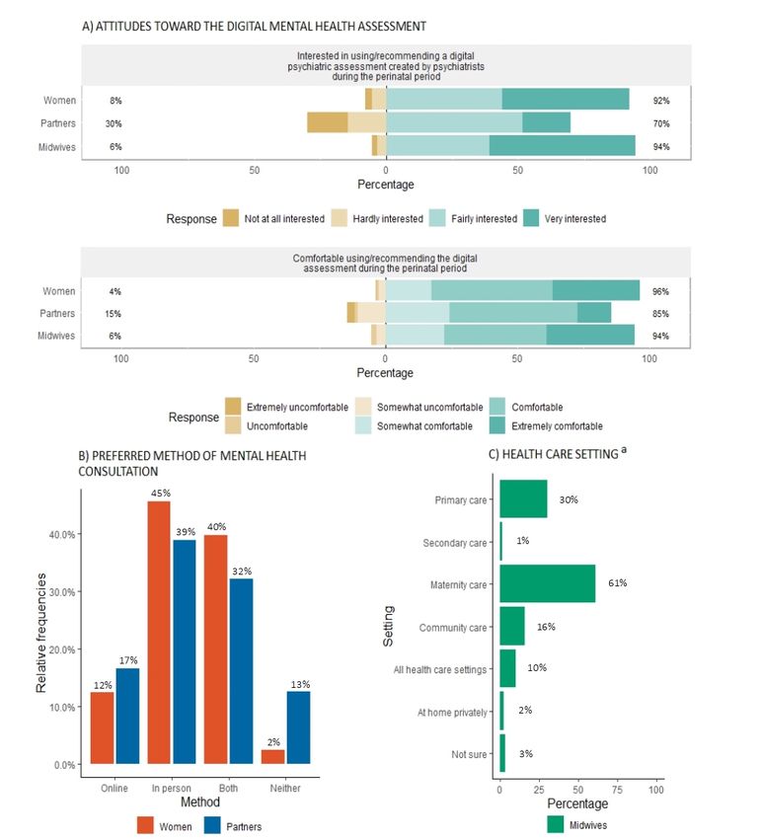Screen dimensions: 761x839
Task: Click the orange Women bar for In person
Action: point(159,633)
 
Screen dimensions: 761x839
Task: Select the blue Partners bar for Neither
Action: point(299,727)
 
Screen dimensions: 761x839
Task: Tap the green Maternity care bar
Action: point(548,583)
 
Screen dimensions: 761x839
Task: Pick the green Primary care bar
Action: point(523,498)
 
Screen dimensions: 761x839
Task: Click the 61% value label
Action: point(618,582)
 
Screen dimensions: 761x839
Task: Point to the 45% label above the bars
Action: point(161,493)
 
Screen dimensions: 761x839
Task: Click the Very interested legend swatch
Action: point(531,218)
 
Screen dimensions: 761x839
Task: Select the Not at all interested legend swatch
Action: point(231,218)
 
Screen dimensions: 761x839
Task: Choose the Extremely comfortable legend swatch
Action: point(497,426)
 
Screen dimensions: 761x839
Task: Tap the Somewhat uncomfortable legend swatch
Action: point(363,407)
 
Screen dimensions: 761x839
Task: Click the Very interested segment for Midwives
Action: point(563,145)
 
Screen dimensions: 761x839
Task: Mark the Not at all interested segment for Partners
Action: point(328,122)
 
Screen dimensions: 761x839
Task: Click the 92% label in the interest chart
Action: point(661,101)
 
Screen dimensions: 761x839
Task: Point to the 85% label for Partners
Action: point(660,314)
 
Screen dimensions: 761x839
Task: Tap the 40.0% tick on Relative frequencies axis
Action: point(62,535)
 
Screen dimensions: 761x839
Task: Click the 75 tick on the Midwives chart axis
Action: point(617,790)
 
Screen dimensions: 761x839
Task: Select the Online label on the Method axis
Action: point(114,789)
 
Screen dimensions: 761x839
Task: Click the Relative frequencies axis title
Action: point(41,633)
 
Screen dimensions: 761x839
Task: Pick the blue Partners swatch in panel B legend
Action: point(212,825)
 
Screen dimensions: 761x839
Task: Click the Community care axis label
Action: point(453,628)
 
